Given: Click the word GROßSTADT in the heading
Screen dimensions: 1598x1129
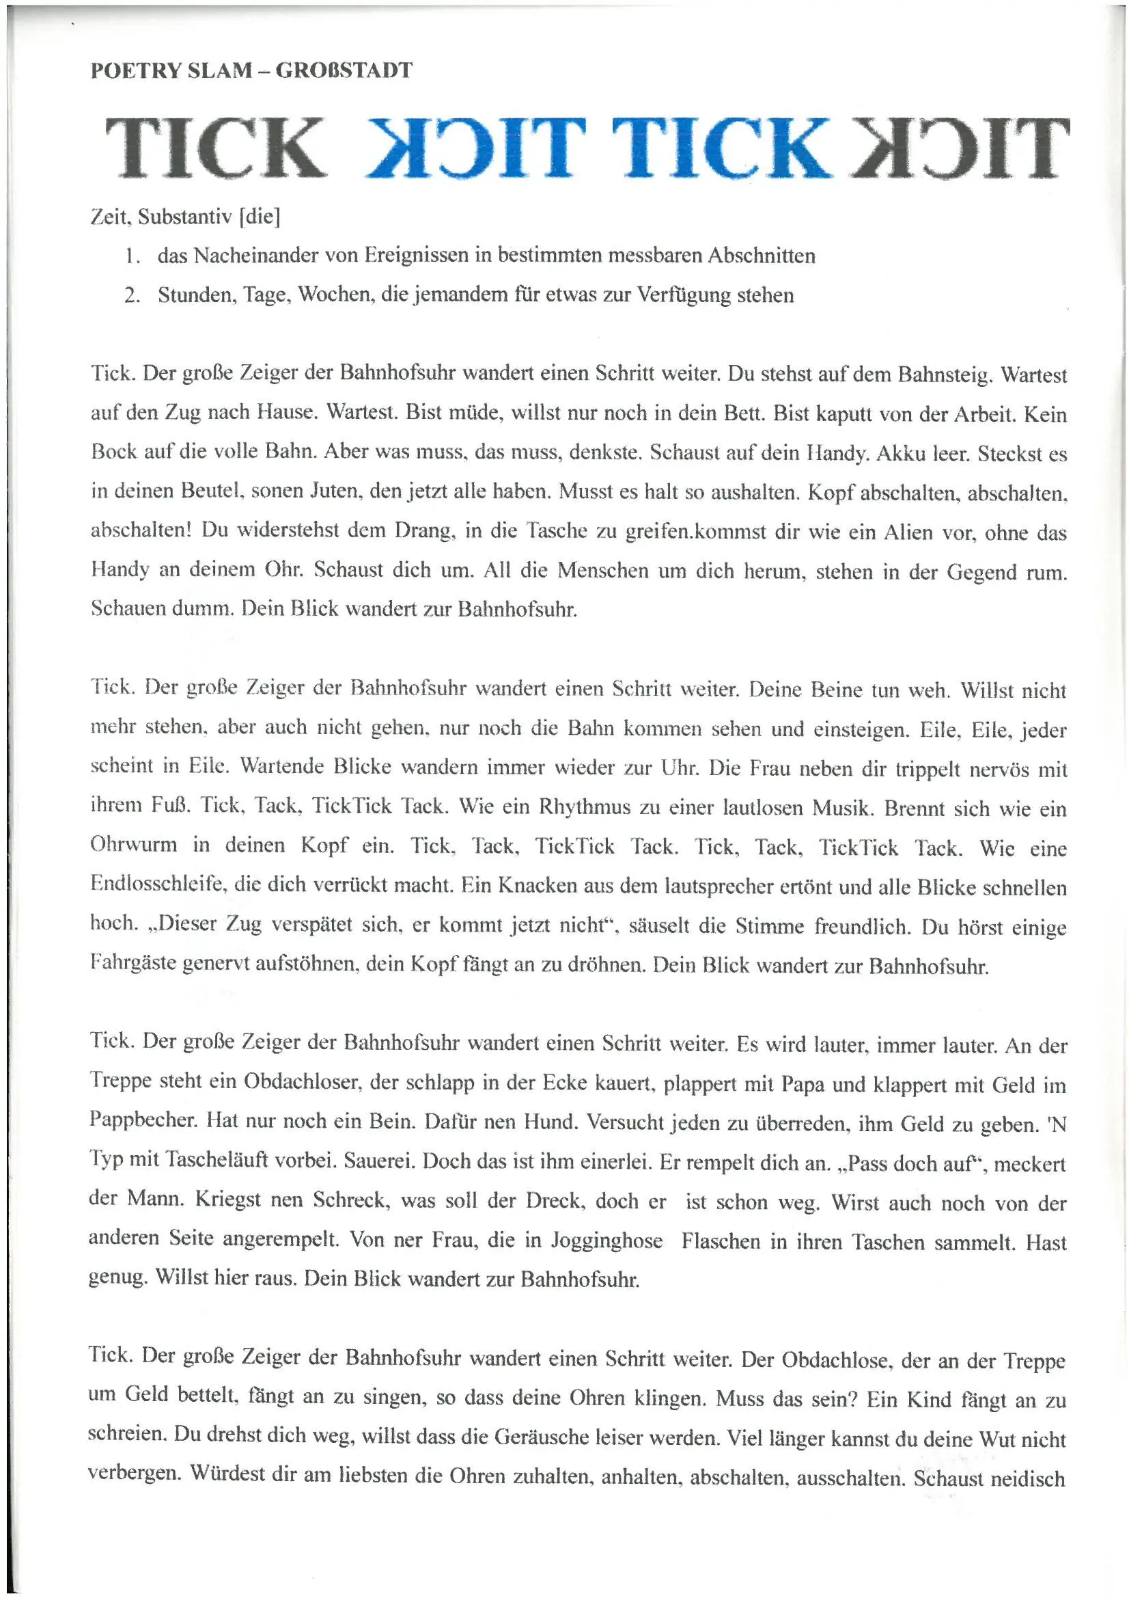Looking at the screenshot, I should tap(344, 70).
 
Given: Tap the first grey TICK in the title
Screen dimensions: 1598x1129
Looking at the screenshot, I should tap(214, 148).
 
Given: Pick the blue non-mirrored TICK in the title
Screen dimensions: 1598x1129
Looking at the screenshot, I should tap(725, 148).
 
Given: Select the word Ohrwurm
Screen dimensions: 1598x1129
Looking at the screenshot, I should tap(134, 845).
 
